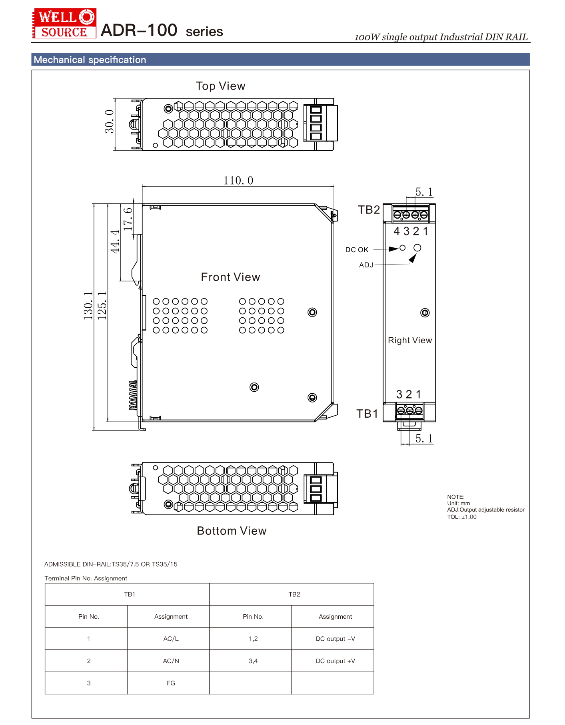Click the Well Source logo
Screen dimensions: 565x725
pyautogui.click(x=64, y=23)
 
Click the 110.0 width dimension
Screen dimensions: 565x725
pyautogui.click(x=238, y=181)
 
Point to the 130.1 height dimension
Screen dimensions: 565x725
pyautogui.click(x=88, y=306)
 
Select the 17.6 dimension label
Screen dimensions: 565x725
pyautogui.click(x=128, y=219)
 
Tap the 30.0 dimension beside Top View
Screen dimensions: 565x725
pyautogui.click(x=109, y=121)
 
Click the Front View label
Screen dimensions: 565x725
pyautogui.click(x=230, y=277)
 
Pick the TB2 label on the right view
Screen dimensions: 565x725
pyautogui.click(x=369, y=210)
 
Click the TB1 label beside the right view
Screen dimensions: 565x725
pyautogui.click(x=367, y=414)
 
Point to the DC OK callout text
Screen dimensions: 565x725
pyautogui.click(x=357, y=250)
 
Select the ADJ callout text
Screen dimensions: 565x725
pyautogui.click(x=366, y=265)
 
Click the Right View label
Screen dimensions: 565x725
pyautogui.click(x=410, y=341)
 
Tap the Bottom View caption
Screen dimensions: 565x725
pyautogui.click(x=232, y=531)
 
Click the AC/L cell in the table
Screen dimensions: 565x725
pyautogui.click(x=171, y=639)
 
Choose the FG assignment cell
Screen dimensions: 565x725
pyautogui.click(x=171, y=683)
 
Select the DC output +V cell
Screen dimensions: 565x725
pyautogui.click(x=335, y=661)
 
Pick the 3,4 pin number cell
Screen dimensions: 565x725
pyautogui.click(x=253, y=661)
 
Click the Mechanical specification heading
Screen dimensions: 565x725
pyautogui.click(x=90, y=60)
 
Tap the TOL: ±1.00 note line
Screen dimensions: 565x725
pyautogui.click(x=462, y=517)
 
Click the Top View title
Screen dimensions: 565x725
pyautogui.click(x=220, y=86)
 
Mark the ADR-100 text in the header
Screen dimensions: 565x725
pyautogui.click(x=139, y=30)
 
